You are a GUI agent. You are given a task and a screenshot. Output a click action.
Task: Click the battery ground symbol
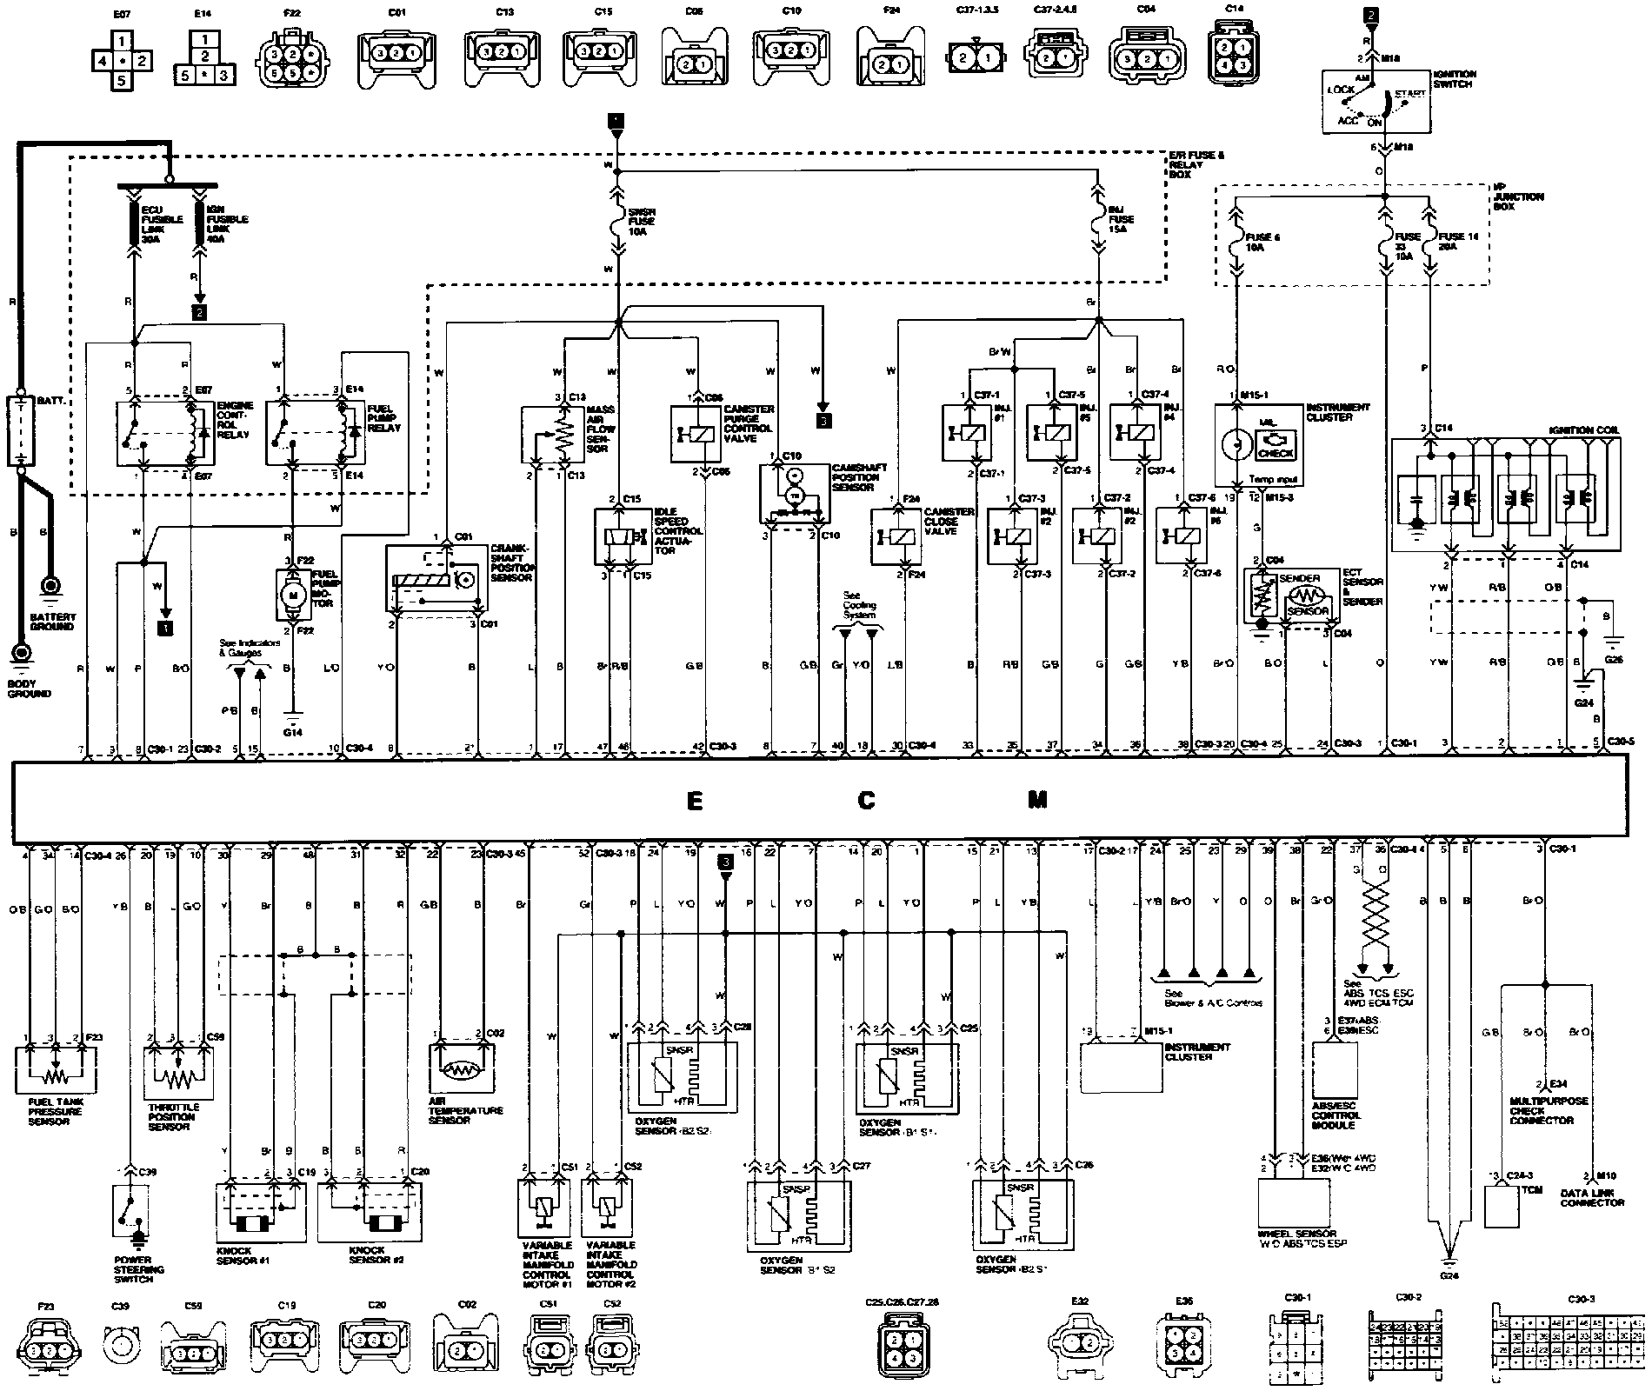point(50,588)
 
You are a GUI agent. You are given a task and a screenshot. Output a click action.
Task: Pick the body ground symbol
point(19,651)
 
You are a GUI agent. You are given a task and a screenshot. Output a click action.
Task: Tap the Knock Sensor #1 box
point(260,1211)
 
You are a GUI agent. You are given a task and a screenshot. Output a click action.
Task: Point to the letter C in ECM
point(866,801)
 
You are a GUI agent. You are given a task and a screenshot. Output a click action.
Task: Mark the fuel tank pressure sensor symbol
point(55,1072)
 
